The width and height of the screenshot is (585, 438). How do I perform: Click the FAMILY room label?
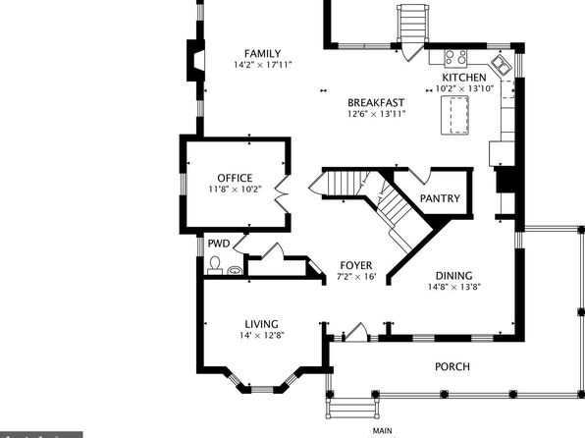click(262, 53)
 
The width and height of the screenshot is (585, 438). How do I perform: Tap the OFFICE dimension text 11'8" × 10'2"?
click(235, 189)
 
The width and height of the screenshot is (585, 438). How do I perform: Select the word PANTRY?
click(440, 198)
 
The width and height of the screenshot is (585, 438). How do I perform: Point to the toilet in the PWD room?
click(215, 265)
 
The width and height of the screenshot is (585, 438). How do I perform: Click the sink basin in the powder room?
click(235, 270)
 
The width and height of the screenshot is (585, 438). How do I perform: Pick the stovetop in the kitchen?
click(455, 59)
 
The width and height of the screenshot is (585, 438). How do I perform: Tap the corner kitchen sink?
click(501, 65)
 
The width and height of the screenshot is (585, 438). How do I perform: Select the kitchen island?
click(454, 115)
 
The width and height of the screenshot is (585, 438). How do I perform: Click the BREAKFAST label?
click(376, 103)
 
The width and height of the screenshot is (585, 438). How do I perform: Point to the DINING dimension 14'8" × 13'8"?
click(454, 287)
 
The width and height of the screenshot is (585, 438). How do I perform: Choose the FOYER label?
click(356, 265)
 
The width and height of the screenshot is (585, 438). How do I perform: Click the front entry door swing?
click(356, 332)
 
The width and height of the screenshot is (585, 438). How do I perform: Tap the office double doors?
click(282, 193)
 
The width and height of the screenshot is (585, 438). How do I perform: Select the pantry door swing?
click(420, 176)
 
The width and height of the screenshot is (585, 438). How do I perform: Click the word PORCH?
click(452, 366)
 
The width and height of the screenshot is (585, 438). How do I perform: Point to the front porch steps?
click(352, 409)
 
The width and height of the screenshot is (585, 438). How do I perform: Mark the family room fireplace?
click(195, 60)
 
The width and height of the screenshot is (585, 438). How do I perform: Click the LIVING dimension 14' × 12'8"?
click(261, 335)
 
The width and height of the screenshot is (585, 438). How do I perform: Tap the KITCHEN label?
click(464, 78)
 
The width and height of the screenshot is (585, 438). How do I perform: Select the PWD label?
click(219, 244)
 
